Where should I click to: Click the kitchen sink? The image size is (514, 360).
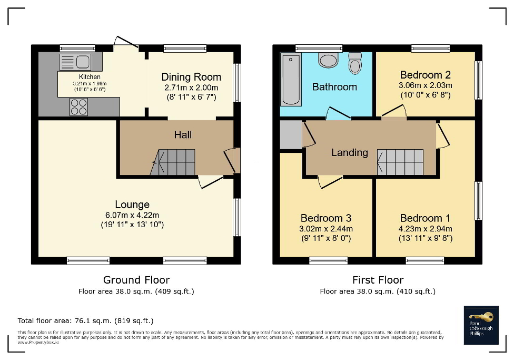[x=76, y=62]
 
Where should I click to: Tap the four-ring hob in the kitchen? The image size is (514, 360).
[x=78, y=107]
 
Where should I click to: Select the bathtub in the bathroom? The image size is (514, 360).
[x=290, y=79]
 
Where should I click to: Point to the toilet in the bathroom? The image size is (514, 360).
[x=355, y=64]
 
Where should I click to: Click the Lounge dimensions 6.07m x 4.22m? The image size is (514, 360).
[x=132, y=215]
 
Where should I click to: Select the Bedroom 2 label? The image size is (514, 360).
[x=425, y=75]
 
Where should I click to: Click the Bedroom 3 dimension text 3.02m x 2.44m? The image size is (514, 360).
[x=326, y=229]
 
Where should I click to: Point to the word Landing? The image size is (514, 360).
[x=349, y=152]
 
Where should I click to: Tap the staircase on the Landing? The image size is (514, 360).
[x=400, y=161]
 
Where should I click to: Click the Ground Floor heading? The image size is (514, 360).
[x=136, y=280]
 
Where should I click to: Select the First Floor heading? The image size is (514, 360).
[x=378, y=280]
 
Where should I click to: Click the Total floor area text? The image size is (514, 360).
[x=85, y=320]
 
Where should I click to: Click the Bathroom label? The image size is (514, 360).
[x=334, y=87]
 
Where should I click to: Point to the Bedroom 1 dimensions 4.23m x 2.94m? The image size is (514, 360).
[x=426, y=229]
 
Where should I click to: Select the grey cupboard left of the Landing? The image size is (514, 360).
[x=290, y=135]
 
